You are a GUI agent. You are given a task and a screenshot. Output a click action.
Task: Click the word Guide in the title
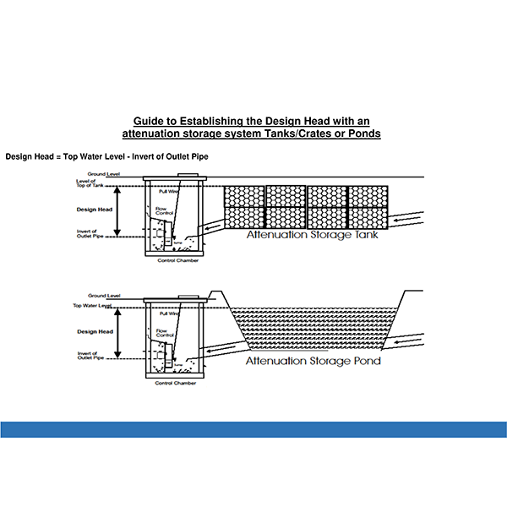pos(150,121)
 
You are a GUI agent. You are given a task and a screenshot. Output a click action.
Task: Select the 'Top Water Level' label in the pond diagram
pos(91,305)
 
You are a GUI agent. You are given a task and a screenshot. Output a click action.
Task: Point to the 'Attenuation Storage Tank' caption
pos(312,236)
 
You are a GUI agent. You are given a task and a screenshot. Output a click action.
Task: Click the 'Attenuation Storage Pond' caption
pos(313,361)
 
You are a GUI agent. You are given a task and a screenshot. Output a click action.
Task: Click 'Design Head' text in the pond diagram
pos(94,331)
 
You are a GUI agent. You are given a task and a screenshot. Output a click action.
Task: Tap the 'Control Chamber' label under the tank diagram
pos(177,261)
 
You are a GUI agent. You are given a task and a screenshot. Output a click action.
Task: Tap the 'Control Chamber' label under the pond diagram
pos(177,383)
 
